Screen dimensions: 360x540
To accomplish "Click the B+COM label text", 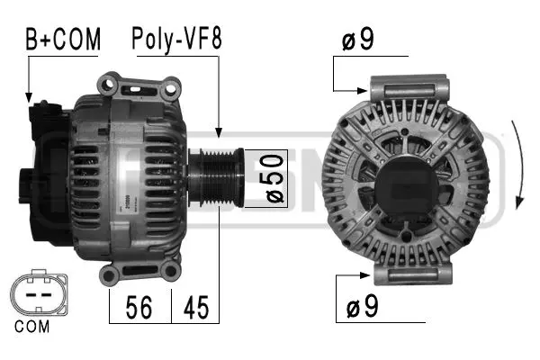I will [61, 39].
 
